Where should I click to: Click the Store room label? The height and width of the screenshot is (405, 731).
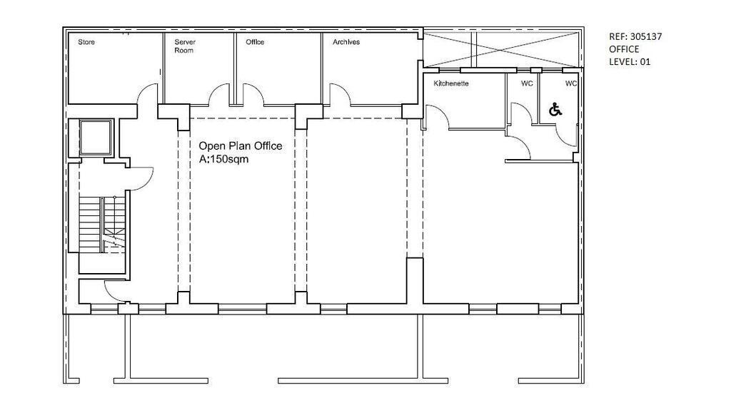coord(86,42)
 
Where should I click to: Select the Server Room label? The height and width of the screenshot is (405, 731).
coord(185,46)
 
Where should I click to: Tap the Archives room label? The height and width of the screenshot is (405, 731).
coord(346,42)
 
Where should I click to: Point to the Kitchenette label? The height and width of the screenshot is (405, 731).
coord(451,83)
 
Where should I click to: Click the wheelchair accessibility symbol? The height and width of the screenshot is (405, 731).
coord(555,110)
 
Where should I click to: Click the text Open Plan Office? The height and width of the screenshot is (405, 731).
coord(241,146)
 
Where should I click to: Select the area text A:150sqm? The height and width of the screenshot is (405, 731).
coord(223,159)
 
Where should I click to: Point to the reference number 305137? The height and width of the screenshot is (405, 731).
coord(645,37)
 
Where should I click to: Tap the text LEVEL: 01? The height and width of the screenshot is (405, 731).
coord(630,61)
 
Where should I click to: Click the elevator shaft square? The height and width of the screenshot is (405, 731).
coord(96,138)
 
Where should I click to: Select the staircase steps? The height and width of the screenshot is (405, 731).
coord(102,225)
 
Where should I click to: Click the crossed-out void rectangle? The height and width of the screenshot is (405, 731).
coord(500,50)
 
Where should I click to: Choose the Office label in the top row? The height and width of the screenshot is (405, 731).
coord(255,42)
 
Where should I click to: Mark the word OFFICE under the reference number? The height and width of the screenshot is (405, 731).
coord(624,49)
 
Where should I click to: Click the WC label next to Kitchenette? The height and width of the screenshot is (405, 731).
coord(527,83)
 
